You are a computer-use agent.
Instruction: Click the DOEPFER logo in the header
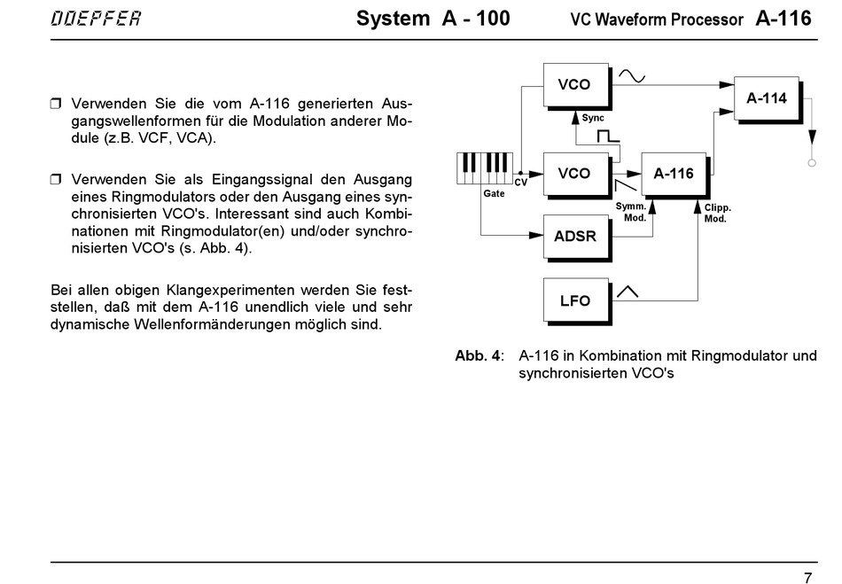[96, 19]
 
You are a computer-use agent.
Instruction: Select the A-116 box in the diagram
[675, 175]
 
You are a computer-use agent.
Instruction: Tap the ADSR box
[577, 237]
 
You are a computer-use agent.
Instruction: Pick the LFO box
[577, 301]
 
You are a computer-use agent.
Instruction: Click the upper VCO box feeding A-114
[577, 87]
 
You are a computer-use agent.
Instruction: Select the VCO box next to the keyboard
[577, 175]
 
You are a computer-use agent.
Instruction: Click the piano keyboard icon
[484, 168]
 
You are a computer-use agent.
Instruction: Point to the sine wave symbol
[632, 77]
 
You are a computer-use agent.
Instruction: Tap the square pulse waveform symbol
[608, 136]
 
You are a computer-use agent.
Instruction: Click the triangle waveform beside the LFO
[628, 292]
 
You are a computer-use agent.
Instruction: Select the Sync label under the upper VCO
[593, 118]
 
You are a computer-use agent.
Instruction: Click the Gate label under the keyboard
[494, 194]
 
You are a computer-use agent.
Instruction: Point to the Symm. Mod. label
[631, 212]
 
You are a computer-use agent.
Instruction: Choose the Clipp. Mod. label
[718, 213]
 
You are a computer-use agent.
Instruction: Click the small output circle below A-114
[812, 163]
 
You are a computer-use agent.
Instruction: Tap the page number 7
[808, 578]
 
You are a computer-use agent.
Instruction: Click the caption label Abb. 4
[478, 356]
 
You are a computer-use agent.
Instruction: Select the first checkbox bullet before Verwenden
[56, 104]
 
